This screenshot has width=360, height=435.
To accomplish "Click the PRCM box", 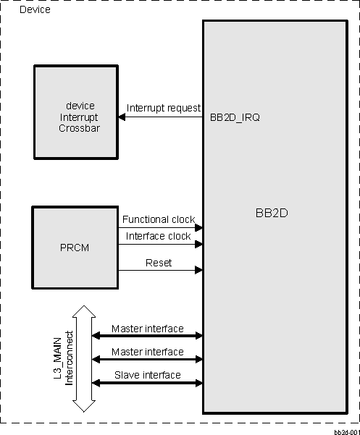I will (x=75, y=246).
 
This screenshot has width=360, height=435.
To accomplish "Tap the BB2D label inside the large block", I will (x=272, y=214).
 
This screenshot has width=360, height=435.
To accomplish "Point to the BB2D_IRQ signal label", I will (x=234, y=116).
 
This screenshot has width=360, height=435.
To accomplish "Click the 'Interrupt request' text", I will (x=163, y=108).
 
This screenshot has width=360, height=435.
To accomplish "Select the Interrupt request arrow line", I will (x=161, y=117).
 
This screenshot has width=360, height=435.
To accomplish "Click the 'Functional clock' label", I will (x=159, y=219).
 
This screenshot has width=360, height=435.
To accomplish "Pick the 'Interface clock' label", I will (x=158, y=236).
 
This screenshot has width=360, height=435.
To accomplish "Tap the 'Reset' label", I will (x=159, y=263).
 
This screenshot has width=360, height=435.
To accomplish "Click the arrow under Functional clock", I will (x=160, y=227).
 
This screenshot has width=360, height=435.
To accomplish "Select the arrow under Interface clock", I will (x=160, y=245).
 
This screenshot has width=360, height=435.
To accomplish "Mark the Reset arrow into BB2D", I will (x=160, y=271).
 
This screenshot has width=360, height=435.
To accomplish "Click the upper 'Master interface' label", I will (x=147, y=329).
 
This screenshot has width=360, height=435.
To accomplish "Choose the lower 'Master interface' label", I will (x=147, y=352).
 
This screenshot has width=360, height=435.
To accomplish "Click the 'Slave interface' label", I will (x=148, y=375).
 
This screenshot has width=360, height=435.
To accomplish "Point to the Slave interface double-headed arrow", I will (x=147, y=383).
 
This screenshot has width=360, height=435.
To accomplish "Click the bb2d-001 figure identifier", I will (x=346, y=430).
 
